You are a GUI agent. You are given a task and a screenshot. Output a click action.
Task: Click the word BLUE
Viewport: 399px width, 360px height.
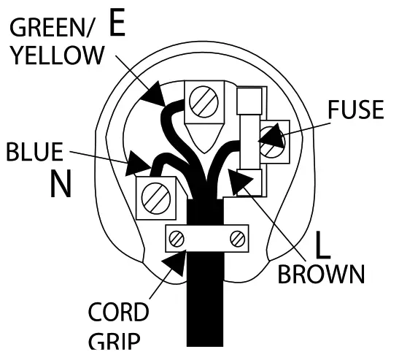click(34, 153)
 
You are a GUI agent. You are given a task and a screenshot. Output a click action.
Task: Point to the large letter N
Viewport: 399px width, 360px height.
click(61, 185)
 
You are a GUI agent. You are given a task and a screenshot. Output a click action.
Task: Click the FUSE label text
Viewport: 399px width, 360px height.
click(355, 110)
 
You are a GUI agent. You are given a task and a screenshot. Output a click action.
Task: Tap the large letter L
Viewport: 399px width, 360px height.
click(322, 245)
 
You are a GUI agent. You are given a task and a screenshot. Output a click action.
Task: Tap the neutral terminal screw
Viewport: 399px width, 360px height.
click(155, 196)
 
